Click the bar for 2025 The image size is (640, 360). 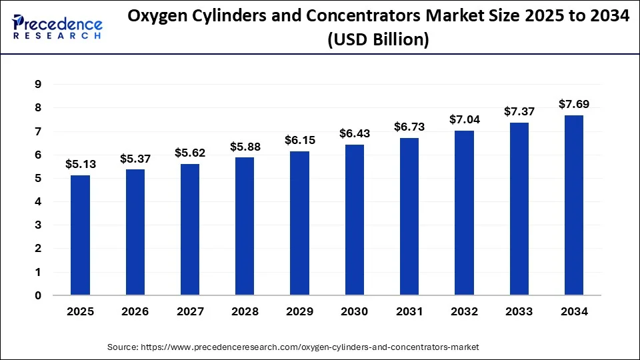(81, 235)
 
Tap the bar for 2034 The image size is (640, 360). (574, 205)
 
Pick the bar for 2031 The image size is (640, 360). (409, 216)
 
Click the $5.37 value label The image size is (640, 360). (135, 159)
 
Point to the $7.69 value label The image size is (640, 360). (574, 104)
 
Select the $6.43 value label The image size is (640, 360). (355, 134)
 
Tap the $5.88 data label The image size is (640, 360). (245, 147)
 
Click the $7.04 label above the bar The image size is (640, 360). (465, 120)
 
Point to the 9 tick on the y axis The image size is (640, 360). (38, 85)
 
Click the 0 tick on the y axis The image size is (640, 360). (38, 295)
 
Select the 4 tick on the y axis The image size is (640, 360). (38, 202)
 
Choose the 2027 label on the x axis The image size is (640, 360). (190, 311)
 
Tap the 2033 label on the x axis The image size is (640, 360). (519, 311)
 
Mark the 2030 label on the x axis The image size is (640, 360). (355, 311)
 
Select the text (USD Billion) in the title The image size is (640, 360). (378, 40)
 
